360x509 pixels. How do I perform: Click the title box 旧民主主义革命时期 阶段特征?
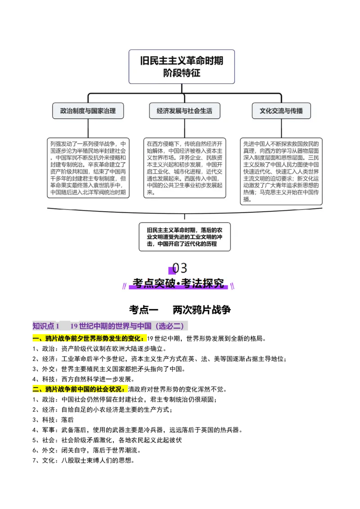pos(181,67)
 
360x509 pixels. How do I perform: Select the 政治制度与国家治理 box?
pos(88,111)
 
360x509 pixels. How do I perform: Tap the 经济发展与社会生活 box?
pos(184,111)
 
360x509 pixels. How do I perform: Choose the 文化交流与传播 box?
pos(281,111)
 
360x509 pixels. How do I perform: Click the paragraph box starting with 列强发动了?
pos(88,168)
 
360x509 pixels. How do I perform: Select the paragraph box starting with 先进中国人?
pos(281,171)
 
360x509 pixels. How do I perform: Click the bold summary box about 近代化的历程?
pos(184,237)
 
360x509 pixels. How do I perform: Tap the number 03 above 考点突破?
pos(179,268)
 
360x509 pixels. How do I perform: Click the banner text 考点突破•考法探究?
pos(178,284)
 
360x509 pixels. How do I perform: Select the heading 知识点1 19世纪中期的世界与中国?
pos(111,326)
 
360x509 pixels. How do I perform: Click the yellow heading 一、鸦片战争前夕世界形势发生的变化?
pos(90,338)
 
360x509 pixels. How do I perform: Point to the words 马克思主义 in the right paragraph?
pos(276,192)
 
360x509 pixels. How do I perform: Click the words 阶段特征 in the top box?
pos(181,73)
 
